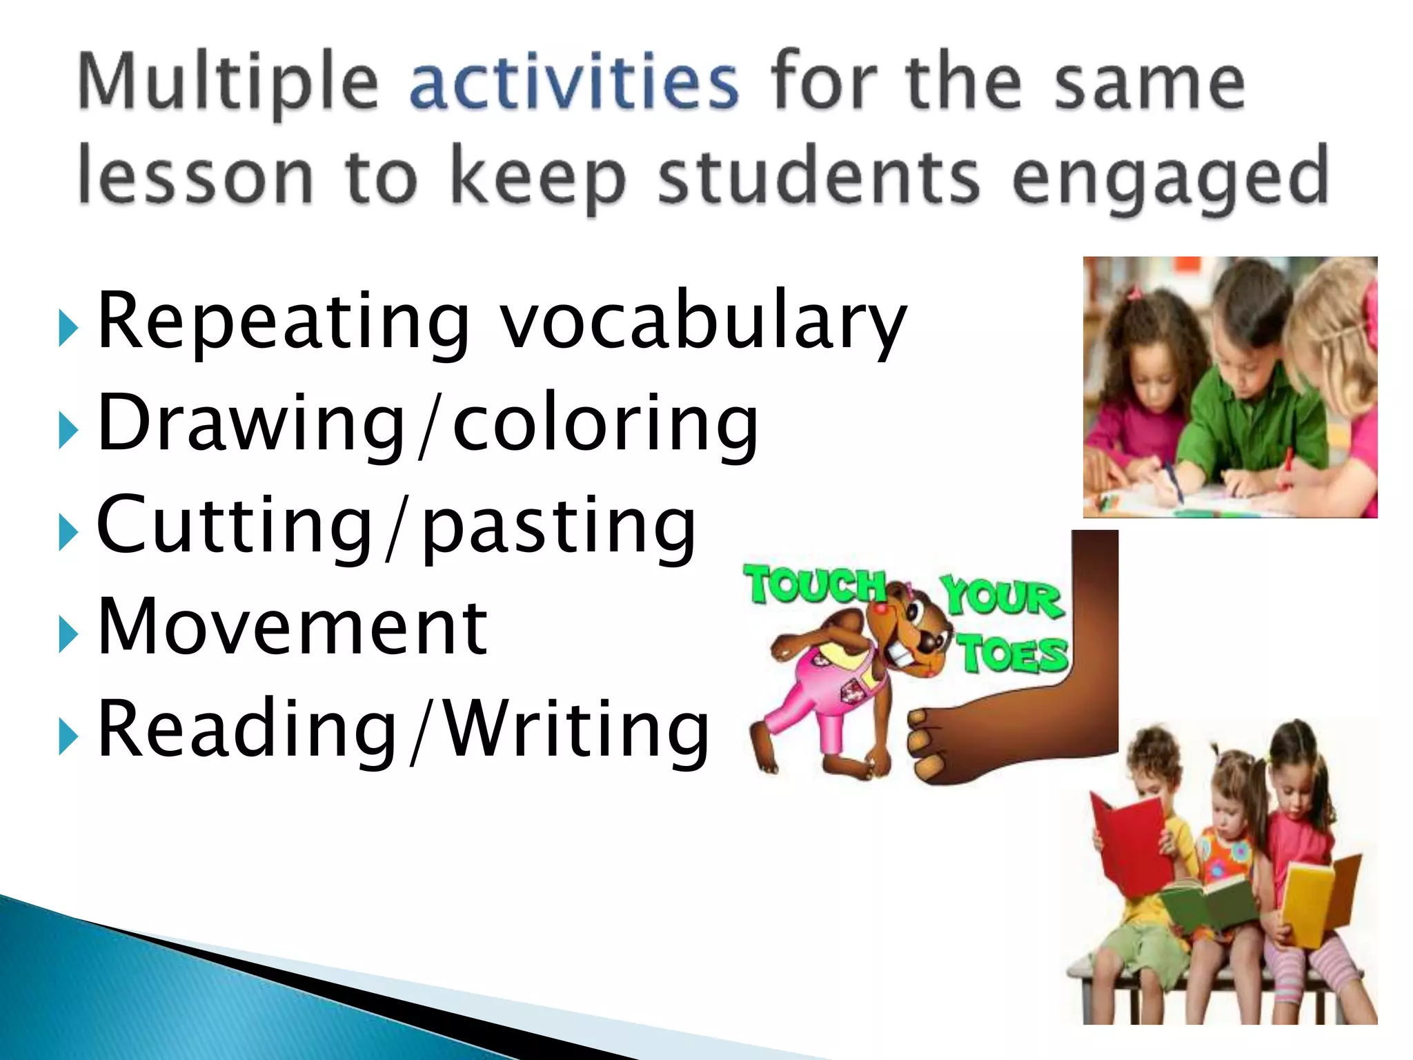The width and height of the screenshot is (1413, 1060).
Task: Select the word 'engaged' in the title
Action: point(1170,178)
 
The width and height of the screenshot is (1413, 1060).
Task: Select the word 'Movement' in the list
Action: point(293,627)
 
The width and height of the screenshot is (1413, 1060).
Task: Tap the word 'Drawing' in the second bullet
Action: point(251,422)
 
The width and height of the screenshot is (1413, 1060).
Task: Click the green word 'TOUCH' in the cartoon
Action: point(814,585)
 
